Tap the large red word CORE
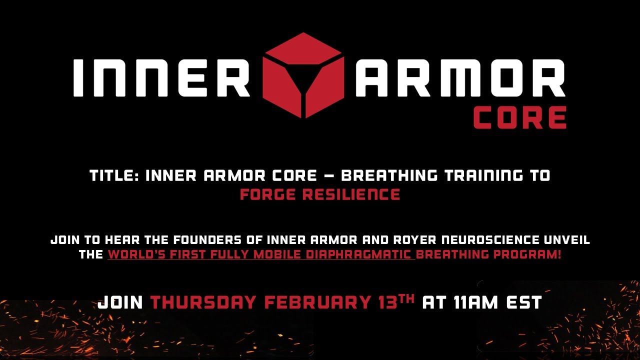[519, 118]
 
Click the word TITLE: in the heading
[114, 176]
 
